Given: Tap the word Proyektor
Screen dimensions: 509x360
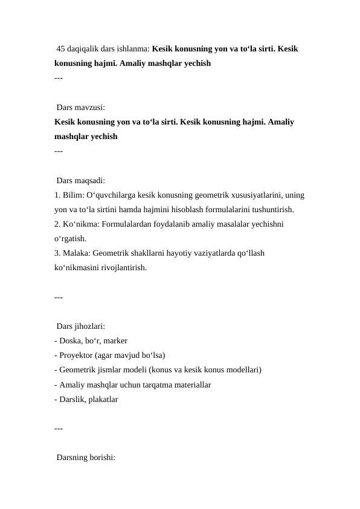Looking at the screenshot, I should pos(76,355).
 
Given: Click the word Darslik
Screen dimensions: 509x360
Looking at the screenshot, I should pos(72,399).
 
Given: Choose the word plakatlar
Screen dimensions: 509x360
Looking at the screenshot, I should pos(104,399).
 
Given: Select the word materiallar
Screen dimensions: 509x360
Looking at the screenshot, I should pos(190,384).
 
